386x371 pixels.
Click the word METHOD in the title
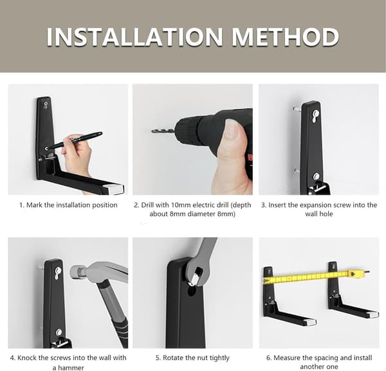[x=286, y=37]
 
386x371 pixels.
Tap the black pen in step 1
[x=76, y=141]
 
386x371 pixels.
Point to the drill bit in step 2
[x=163, y=131]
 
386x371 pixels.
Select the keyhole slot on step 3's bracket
[x=315, y=115]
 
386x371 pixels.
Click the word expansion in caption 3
[x=302, y=205]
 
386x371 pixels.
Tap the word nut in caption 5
[x=198, y=357]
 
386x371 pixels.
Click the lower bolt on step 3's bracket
[x=317, y=176]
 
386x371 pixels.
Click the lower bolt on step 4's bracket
[x=59, y=332]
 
